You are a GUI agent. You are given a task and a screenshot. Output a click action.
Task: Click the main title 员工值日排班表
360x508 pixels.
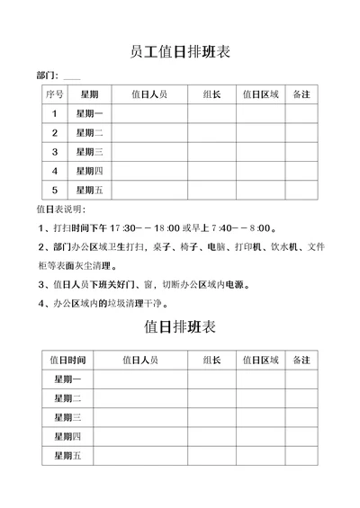coord(180,52)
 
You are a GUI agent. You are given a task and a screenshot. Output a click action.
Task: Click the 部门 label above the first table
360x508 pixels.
coord(48,75)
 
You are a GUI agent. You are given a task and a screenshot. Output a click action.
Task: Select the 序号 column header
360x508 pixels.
coord(54,94)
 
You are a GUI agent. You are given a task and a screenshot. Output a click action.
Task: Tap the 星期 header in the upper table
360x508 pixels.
coord(89,94)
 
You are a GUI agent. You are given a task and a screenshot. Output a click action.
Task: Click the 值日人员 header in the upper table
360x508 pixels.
coord(148,94)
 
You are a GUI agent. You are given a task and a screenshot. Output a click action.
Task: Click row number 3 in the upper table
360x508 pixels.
coord(54,151)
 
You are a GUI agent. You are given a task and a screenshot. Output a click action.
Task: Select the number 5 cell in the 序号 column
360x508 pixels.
coord(54,190)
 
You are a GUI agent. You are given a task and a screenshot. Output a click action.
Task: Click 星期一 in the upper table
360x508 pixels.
coord(89,113)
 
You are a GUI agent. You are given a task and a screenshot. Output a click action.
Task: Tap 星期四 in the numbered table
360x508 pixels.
coord(89,171)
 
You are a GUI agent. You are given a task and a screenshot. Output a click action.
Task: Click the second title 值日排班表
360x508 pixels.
coord(180,326)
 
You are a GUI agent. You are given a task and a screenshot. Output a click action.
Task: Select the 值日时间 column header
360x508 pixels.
coord(68,360)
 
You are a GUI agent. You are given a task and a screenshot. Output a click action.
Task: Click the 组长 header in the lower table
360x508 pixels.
coord(212,360)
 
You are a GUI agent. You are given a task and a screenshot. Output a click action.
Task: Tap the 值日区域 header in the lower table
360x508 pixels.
coord(261,360)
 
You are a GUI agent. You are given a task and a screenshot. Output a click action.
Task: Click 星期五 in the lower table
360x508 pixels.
coord(68,455)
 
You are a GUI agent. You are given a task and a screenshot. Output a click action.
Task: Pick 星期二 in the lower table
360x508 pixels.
coord(68,397)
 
